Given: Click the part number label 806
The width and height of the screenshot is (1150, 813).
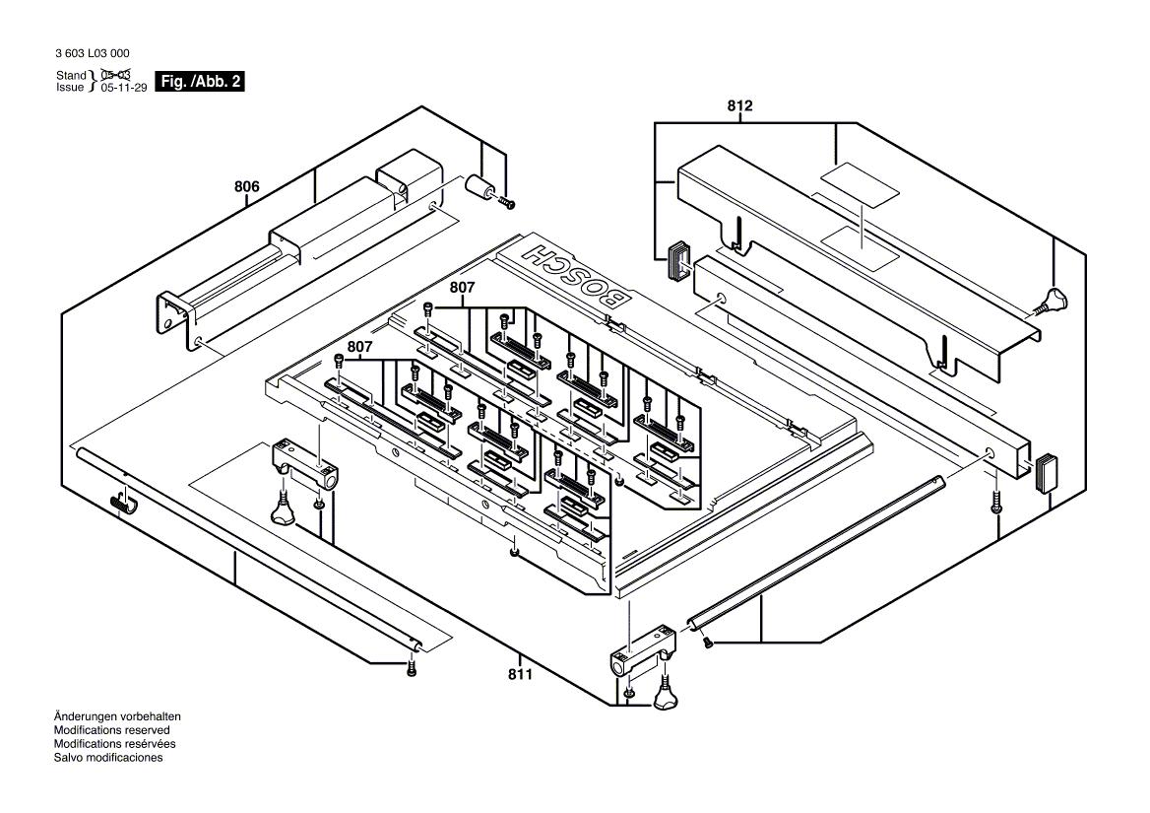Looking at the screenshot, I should [246, 185].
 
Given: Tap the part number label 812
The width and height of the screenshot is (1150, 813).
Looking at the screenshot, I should [739, 105].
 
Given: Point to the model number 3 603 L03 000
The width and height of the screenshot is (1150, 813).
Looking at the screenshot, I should [93, 53].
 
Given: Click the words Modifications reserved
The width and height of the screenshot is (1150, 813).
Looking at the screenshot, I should [104, 730].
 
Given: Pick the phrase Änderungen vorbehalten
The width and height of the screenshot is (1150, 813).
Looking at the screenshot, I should [117, 716].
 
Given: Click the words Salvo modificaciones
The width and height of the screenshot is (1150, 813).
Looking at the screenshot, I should [108, 758].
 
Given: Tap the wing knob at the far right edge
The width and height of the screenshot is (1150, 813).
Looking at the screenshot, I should [1055, 297].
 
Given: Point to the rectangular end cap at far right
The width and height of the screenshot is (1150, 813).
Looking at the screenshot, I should [1045, 471].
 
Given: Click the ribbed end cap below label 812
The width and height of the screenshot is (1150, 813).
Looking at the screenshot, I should [678, 259].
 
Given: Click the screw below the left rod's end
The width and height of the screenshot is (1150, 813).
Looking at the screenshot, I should [413, 669].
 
